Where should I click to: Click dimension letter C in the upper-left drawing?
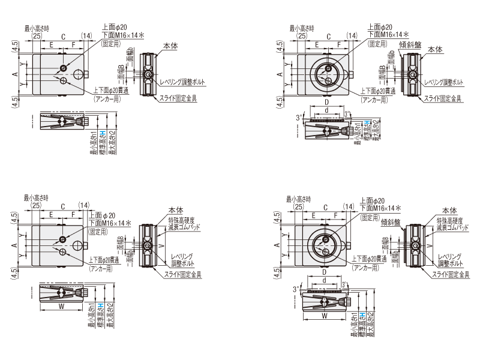point(62,37)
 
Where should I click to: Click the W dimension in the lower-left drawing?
point(62,305)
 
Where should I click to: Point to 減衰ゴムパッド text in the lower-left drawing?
point(184,227)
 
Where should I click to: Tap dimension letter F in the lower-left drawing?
point(74,214)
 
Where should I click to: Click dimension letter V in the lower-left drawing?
point(160,246)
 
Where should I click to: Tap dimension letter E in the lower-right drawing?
point(314,214)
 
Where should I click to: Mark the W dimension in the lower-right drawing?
point(325,315)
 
